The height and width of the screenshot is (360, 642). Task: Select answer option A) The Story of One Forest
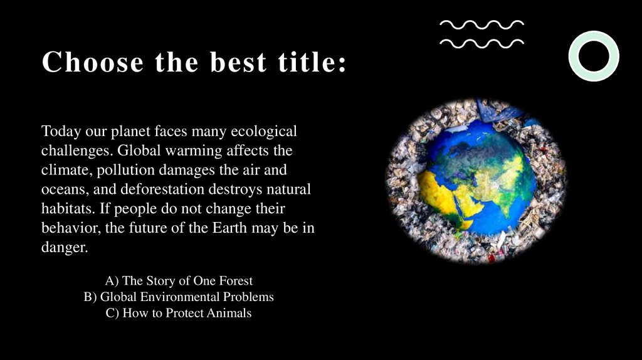click(x=179, y=280)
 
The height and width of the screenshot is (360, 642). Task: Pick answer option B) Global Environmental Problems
click(x=179, y=297)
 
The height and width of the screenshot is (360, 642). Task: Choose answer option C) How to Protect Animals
click(x=179, y=313)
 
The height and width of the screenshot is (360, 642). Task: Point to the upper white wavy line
click(x=481, y=24)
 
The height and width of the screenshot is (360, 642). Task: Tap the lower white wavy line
click(x=481, y=43)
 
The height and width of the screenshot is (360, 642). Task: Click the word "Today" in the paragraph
click(x=59, y=132)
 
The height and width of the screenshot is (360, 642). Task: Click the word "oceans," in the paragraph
click(x=64, y=189)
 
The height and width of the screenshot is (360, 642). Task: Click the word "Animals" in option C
click(x=229, y=313)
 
